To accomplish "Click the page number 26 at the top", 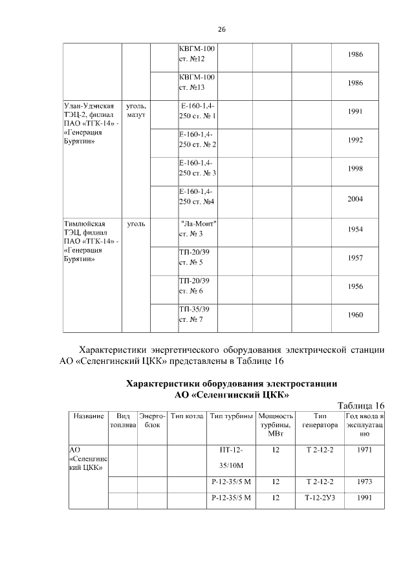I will coord(221,30).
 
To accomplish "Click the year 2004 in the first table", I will coord(355,199).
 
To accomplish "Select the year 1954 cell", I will coord(355,229).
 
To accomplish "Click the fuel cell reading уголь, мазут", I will coord(136,110).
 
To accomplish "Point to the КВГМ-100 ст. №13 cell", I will coord(197,82).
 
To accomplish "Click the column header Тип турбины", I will coord(230,417).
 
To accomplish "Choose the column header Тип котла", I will coord(187,417).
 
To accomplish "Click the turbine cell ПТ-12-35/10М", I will coord(230,456).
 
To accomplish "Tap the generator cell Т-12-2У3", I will coord(319,498).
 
